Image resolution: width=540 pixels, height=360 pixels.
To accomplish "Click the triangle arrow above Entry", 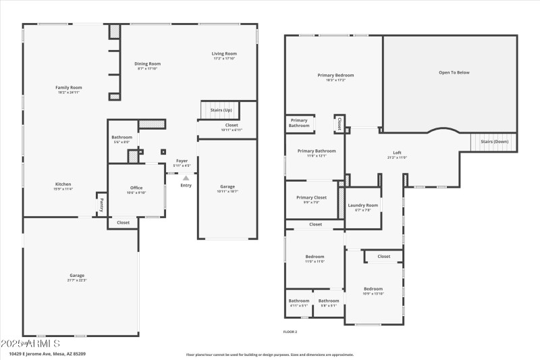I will click(x=186, y=178).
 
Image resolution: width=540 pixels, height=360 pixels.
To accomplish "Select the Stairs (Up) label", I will click(x=221, y=109).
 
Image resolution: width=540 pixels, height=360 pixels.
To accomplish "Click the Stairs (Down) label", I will click(x=494, y=142).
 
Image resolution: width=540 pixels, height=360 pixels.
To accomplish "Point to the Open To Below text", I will click(x=454, y=72).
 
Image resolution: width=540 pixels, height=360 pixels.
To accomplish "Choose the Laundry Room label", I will click(x=362, y=207).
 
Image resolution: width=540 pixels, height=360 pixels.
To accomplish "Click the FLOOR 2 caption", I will click(x=290, y=332).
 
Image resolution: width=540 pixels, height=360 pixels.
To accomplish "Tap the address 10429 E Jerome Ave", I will click(x=47, y=353).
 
